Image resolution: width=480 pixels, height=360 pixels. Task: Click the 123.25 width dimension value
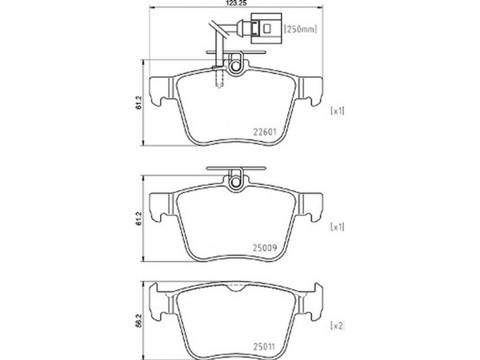tap(236, 3)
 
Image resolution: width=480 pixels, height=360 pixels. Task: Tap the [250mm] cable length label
tap(301, 29)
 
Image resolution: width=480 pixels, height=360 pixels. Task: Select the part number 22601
tap(265, 132)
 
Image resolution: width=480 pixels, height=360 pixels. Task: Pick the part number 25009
tap(265, 247)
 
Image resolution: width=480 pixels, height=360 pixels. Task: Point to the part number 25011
tap(264, 347)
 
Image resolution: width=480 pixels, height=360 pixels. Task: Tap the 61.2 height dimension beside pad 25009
tap(139, 218)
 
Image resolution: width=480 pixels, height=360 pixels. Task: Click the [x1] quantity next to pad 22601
tap(337, 111)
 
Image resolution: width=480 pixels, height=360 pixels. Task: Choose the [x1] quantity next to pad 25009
tap(337, 227)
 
